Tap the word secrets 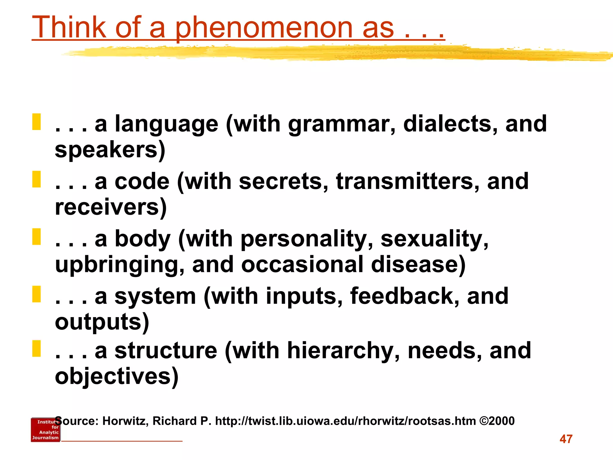tap(283, 181)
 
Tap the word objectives tap(113, 376)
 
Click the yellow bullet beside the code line tap(37, 179)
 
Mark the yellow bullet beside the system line tap(37, 294)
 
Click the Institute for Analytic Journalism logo tap(45, 430)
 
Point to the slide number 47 tap(566, 439)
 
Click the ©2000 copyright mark tap(497, 421)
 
